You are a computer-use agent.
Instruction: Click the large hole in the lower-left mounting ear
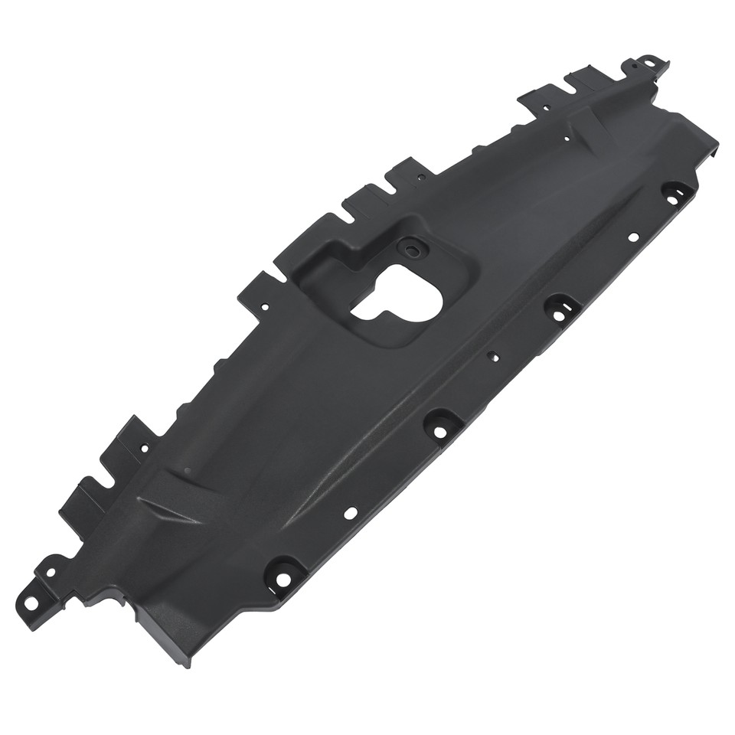pyautogui.click(x=31, y=602)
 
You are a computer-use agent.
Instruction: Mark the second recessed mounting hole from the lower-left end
pyautogui.click(x=440, y=430)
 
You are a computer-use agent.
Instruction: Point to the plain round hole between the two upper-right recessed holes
pyautogui.click(x=632, y=237)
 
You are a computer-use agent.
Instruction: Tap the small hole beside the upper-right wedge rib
pyautogui.click(x=566, y=139)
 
